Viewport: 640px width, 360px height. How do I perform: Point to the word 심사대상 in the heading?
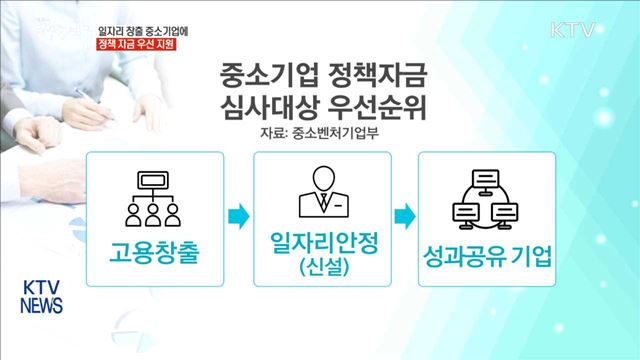(261, 107)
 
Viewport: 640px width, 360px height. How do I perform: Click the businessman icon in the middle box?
(319, 189)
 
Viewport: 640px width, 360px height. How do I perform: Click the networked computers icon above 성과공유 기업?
(485, 197)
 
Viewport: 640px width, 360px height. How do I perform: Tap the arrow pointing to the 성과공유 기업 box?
(402, 214)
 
